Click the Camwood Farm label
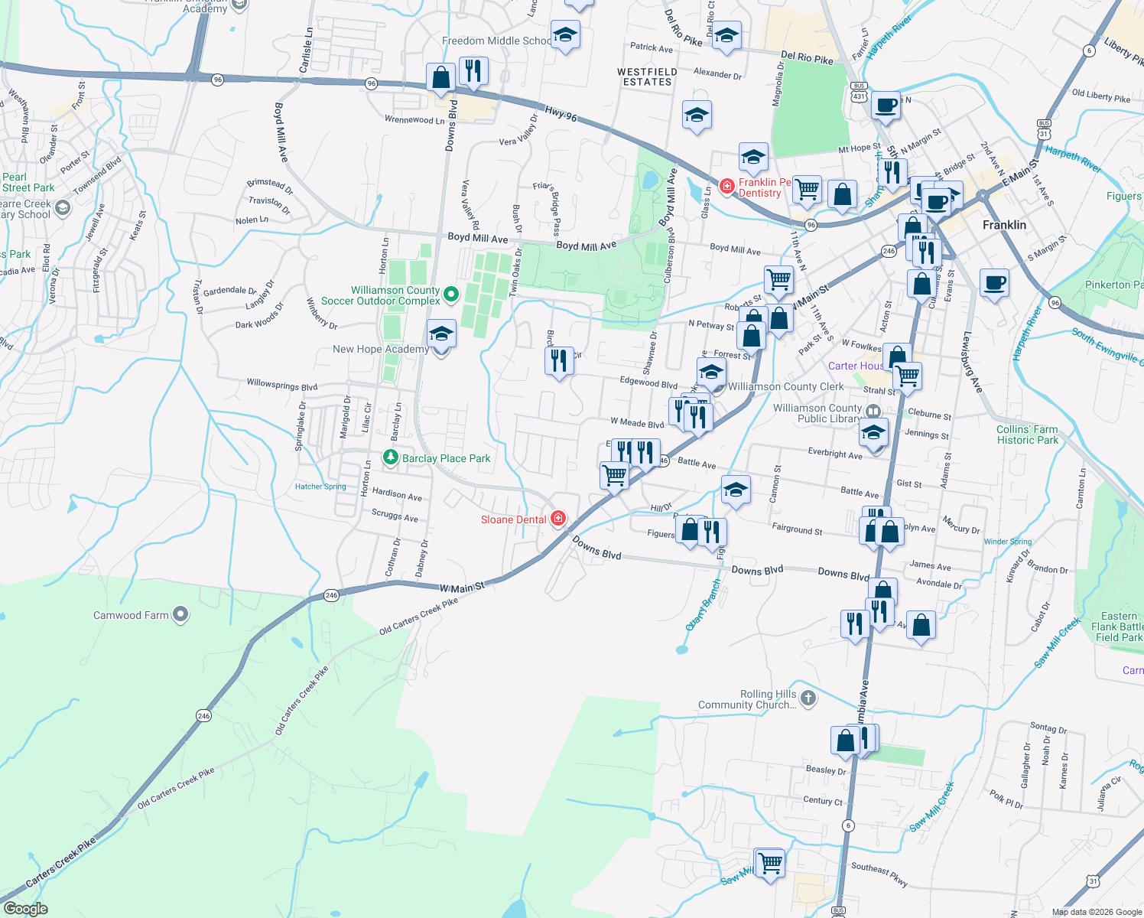pos(131,615)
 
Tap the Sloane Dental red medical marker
pos(558,519)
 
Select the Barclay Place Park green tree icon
pos(391,458)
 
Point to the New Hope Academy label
pos(380,349)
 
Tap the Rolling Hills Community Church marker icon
pos(808,698)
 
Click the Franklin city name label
pos(1004,225)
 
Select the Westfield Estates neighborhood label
pos(647,76)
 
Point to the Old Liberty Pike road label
pos(1100,96)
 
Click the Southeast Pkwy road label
pos(879,874)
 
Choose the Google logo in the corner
pos(25,909)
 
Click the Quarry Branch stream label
pos(704,604)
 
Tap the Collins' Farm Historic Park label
pos(1027,435)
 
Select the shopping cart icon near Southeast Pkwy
pos(770,863)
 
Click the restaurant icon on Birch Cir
pos(559,360)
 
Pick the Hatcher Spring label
pos(320,487)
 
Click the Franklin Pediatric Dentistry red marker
pos(726,186)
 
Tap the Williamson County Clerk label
pos(785,386)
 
